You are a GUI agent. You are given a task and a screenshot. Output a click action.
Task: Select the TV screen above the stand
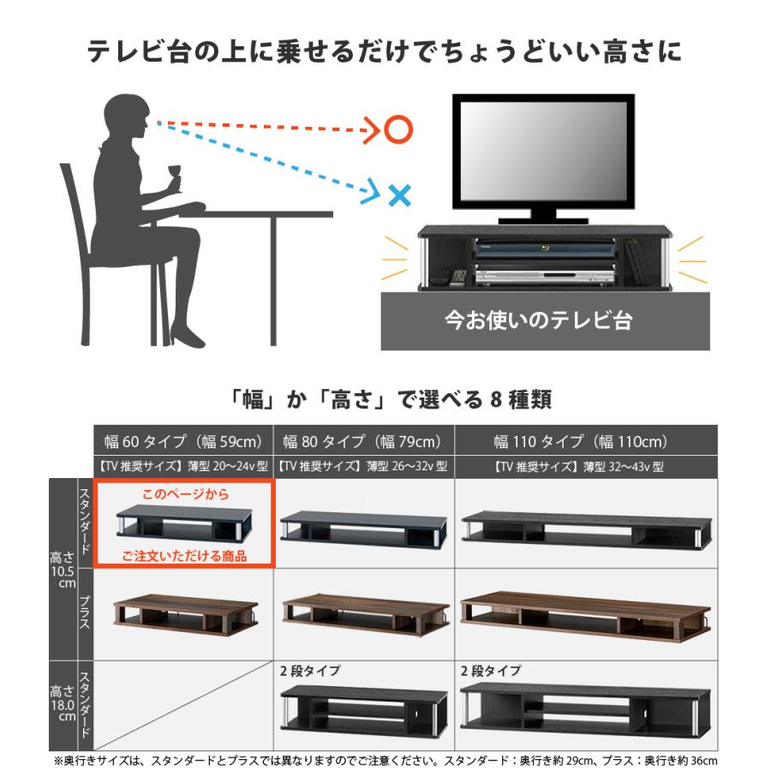click(x=543, y=151)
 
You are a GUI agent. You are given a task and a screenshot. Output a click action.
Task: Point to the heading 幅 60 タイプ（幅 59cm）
click(x=182, y=442)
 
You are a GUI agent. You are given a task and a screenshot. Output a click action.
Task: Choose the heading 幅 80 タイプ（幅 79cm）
click(x=362, y=442)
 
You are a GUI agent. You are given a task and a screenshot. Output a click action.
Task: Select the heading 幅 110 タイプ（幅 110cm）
click(x=580, y=442)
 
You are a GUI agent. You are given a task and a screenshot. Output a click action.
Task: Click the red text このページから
click(x=186, y=495)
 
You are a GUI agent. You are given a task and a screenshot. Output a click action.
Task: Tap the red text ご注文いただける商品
click(x=184, y=556)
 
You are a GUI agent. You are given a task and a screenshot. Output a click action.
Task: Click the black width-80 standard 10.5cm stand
click(x=362, y=526)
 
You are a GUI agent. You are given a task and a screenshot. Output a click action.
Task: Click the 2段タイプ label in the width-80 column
click(x=310, y=671)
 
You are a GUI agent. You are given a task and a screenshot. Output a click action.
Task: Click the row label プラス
click(x=85, y=613)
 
